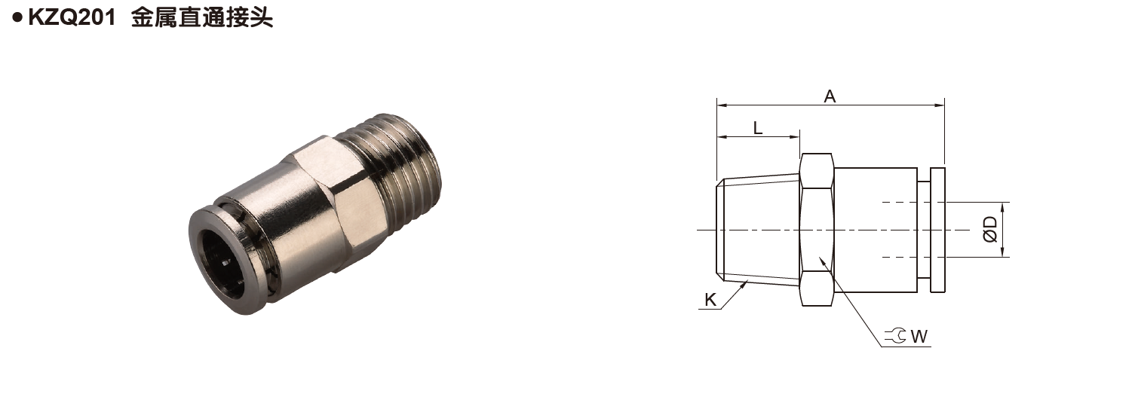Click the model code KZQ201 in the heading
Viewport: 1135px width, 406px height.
pyautogui.click(x=72, y=18)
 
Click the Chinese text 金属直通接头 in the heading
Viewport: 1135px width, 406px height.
pyautogui.click(x=201, y=18)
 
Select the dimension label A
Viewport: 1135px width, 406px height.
pyautogui.click(x=830, y=96)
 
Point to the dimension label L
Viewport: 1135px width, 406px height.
pyautogui.click(x=758, y=127)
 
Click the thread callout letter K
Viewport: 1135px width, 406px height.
pyautogui.click(x=710, y=300)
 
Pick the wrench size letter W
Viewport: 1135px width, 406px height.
pyautogui.click(x=919, y=336)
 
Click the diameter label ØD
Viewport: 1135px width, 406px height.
pyautogui.click(x=990, y=229)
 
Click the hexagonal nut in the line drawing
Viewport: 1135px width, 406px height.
pyautogui.click(x=817, y=230)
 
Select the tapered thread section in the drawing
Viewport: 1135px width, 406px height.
pyautogui.click(x=758, y=229)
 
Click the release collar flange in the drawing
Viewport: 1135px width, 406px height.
pyautogui.click(x=937, y=230)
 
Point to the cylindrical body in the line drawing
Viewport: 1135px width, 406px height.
pyautogui.click(x=875, y=229)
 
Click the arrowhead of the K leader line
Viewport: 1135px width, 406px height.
pyautogui.click(x=746, y=282)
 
